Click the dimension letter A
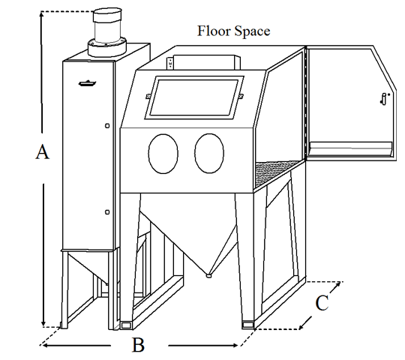click(x=42, y=151)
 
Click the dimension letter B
click(x=138, y=345)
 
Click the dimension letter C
click(x=322, y=302)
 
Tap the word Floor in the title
click(x=214, y=31)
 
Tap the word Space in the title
click(x=252, y=31)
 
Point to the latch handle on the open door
click(x=384, y=99)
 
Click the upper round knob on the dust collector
click(x=107, y=126)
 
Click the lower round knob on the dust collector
click(x=107, y=212)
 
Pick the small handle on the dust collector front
click(x=87, y=83)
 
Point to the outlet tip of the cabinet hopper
click(x=208, y=276)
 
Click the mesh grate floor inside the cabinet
click(x=277, y=173)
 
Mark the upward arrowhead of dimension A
click(x=40, y=14)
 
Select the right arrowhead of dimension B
click(x=235, y=345)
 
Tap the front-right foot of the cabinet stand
click(x=248, y=325)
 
